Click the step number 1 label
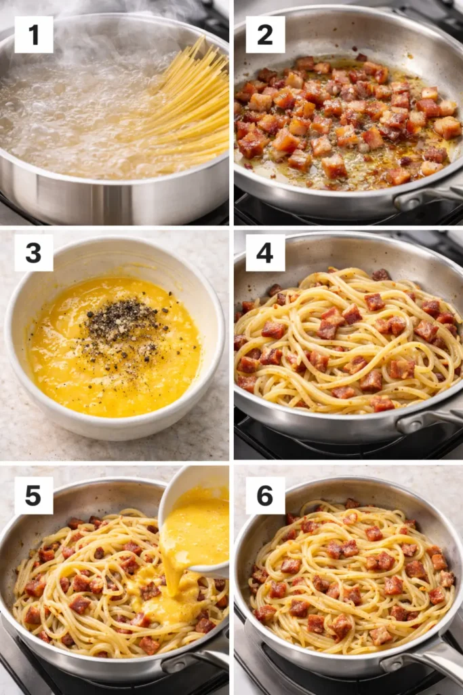33,35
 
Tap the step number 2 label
265,35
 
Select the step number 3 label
33,252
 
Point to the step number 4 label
265,252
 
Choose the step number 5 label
33,495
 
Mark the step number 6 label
265,495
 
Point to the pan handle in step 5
200,658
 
